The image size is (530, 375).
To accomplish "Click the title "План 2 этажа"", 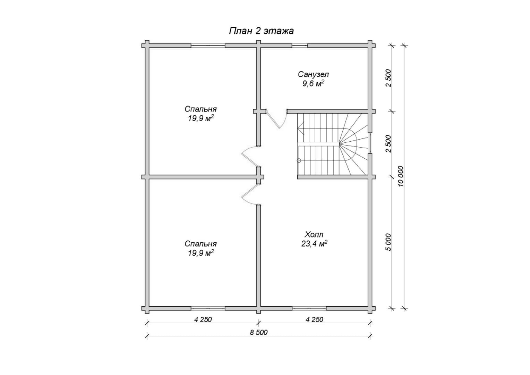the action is click(x=261, y=31).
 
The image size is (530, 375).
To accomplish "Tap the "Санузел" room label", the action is click(x=313, y=74).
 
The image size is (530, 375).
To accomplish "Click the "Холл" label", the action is click(x=314, y=234).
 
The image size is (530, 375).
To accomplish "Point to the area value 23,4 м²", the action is click(x=314, y=243).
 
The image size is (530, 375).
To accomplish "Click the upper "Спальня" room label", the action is click(x=200, y=109).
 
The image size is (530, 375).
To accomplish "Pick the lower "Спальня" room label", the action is click(x=200, y=244).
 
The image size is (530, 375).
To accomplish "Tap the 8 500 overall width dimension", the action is click(x=259, y=333).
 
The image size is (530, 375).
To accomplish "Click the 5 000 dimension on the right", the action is click(x=388, y=242).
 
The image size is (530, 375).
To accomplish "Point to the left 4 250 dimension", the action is click(x=203, y=319).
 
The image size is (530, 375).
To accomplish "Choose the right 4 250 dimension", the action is click(x=314, y=319).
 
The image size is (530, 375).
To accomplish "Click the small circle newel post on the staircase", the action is click(x=299, y=160).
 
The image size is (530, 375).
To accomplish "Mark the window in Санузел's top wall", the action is click(x=300, y=45).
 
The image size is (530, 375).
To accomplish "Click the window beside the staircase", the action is click(x=370, y=143).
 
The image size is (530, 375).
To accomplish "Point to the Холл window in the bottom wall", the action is click(x=309, y=308).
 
